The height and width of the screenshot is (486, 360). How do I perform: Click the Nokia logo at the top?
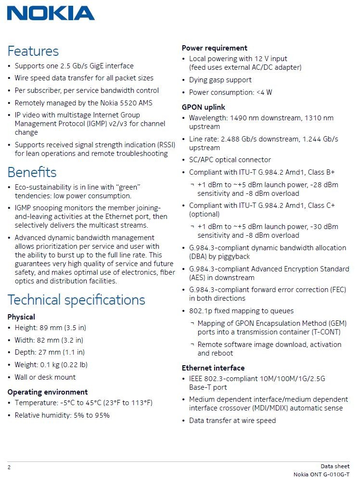tap(51, 13)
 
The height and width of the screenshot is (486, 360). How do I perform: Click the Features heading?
tap(33, 51)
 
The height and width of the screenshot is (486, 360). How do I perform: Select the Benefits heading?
tap(32, 172)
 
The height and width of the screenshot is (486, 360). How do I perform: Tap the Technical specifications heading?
tap(76, 300)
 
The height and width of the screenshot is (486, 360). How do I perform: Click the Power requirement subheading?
tap(214, 48)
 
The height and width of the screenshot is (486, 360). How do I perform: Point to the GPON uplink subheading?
tap(203, 107)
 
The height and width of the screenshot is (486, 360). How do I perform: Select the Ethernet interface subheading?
tap(213, 368)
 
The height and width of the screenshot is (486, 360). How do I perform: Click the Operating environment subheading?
tap(47, 392)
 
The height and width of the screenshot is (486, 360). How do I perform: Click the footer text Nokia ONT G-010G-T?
tap(321, 474)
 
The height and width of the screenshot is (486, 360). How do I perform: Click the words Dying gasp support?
tap(220, 80)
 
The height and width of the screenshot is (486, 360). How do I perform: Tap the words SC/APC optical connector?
tap(230, 160)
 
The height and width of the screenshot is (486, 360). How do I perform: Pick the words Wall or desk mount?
tap(45, 377)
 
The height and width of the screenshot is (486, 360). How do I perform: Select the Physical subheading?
tap(21, 317)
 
